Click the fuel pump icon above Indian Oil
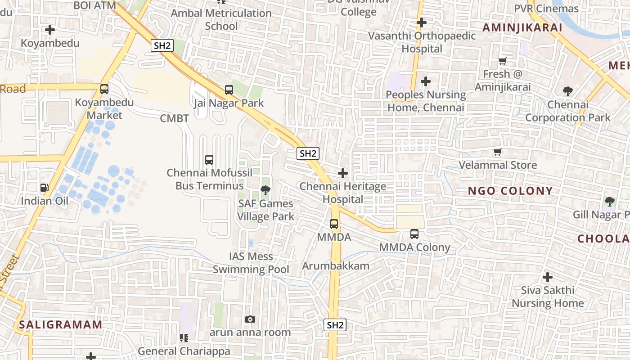[44, 188]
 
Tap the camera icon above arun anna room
[250, 319]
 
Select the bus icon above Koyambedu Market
[104, 89]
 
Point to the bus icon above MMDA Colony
[414, 234]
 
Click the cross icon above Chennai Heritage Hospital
[343, 173]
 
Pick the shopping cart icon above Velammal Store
[498, 152]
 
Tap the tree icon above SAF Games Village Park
[265, 190]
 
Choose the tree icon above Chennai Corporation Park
[568, 92]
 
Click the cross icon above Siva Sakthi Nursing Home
[548, 277]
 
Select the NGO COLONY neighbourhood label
[510, 191]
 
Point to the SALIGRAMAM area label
[61, 324]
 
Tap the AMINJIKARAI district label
[522, 27]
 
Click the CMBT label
[175, 118]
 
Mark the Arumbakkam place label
[336, 265]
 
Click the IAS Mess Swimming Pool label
[251, 263]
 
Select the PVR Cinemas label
[546, 9]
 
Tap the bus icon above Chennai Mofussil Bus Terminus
[209, 160]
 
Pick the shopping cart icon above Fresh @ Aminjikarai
[503, 61]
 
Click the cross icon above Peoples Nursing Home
[426, 81]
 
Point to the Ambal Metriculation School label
[221, 19]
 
